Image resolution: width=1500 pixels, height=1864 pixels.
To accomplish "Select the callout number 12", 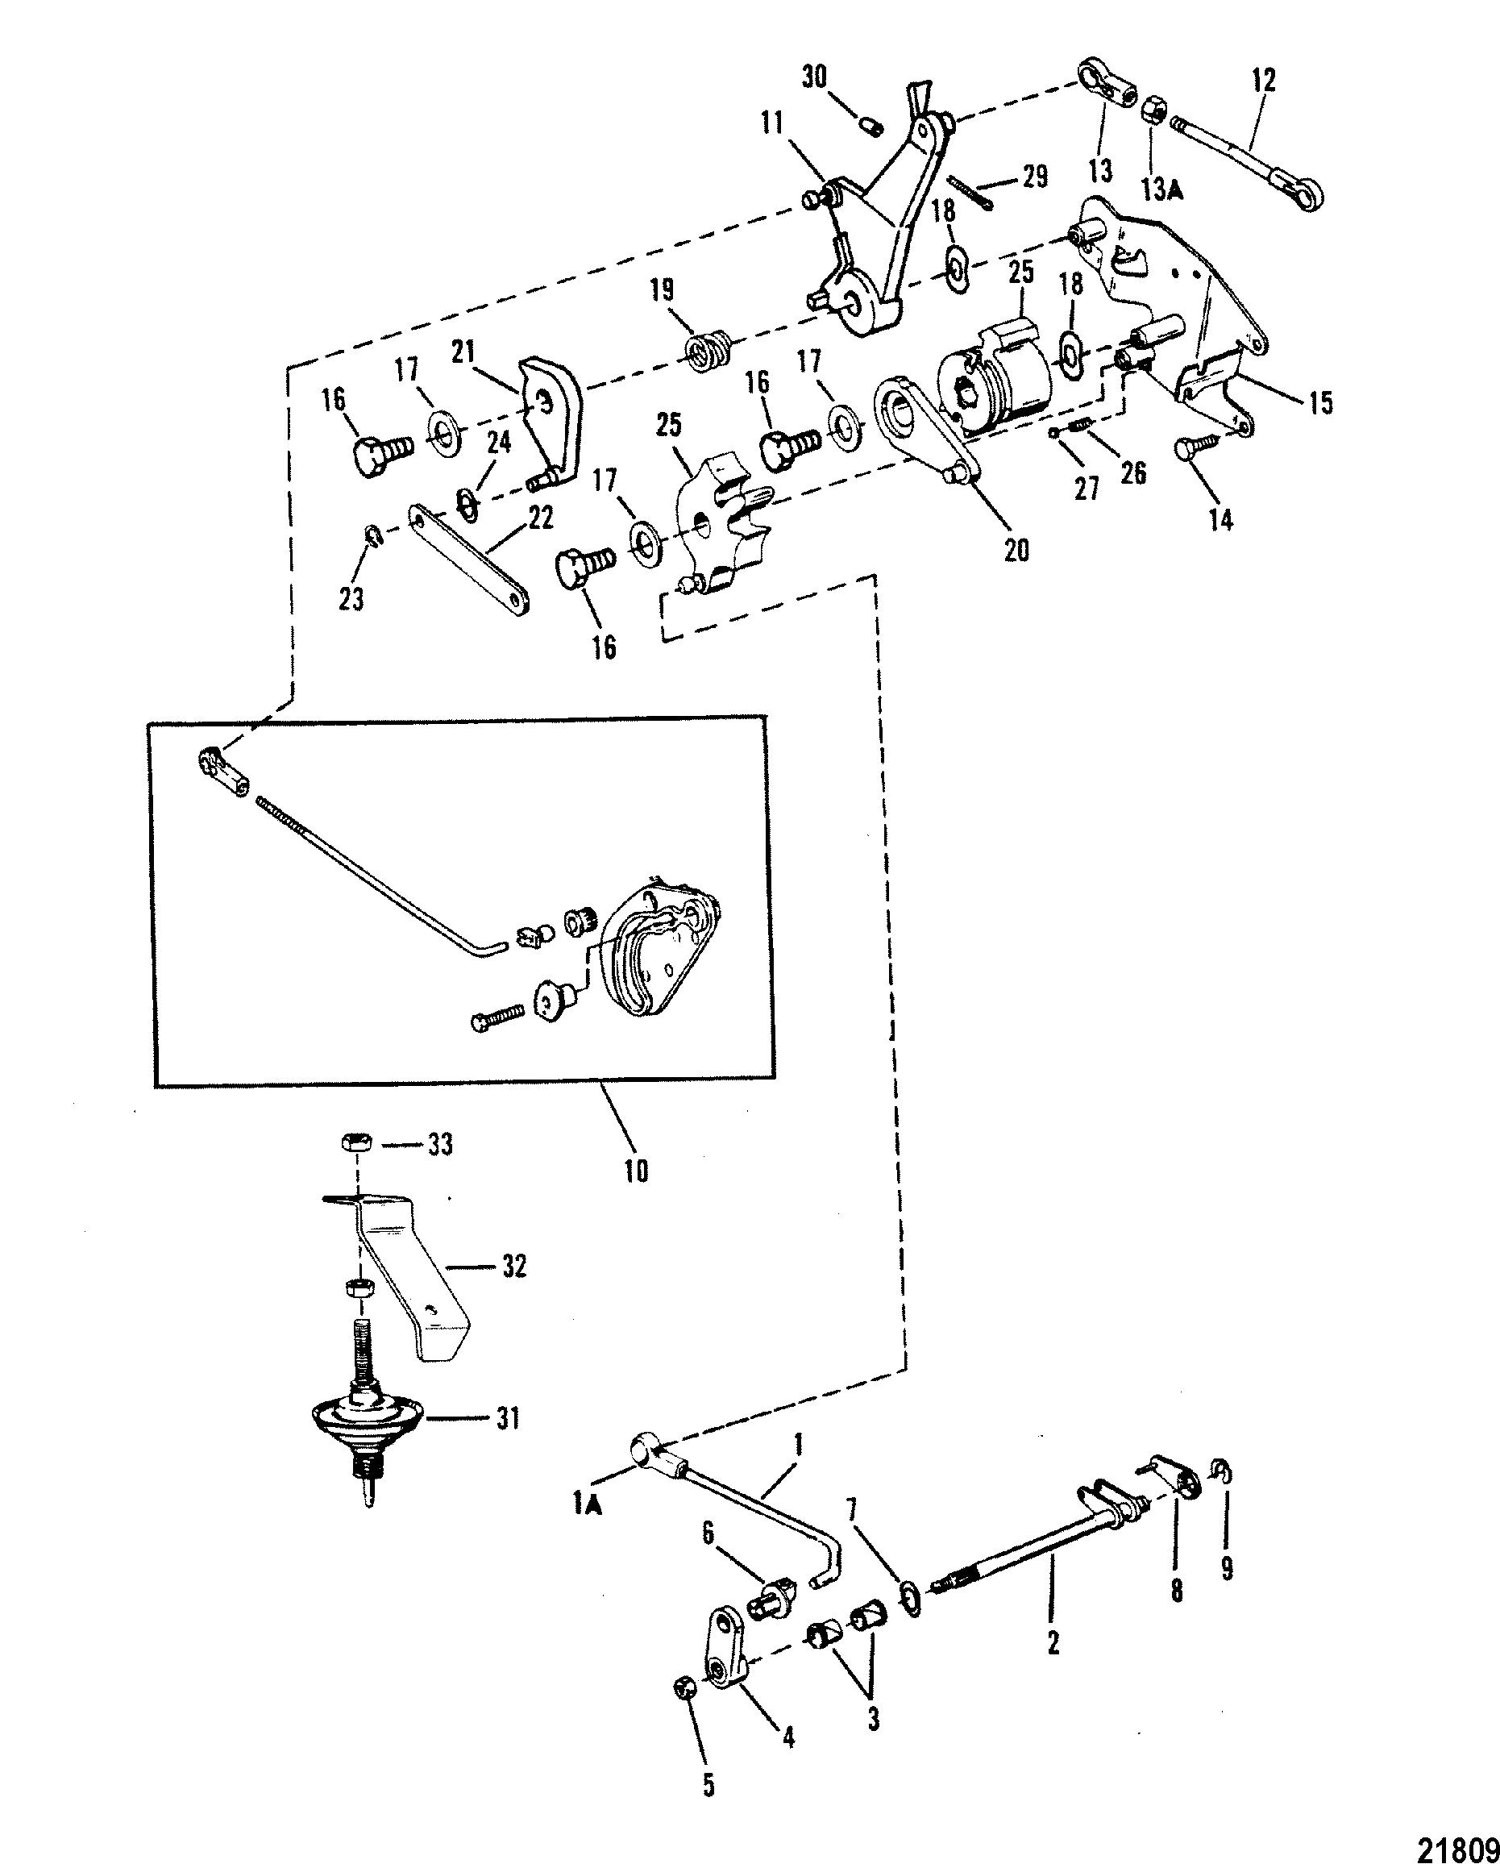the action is tap(1261, 81).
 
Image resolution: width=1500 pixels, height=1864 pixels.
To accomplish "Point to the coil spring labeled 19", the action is tap(711, 348).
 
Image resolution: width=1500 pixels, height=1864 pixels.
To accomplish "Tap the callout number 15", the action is tap(1320, 402).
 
